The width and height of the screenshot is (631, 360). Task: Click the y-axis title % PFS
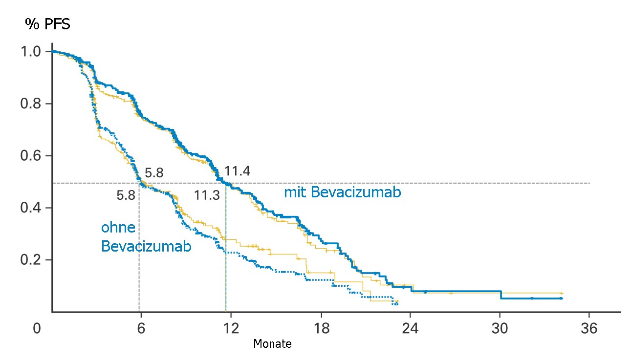click(48, 24)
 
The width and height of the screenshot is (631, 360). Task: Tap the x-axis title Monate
click(272, 344)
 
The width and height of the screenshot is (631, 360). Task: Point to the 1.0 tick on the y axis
click(31, 52)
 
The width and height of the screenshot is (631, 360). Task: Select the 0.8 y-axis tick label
click(31, 104)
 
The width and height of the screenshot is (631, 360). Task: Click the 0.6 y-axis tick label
click(31, 156)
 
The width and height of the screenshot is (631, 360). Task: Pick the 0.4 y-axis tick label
click(31, 208)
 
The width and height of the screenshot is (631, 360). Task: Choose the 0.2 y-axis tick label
click(31, 259)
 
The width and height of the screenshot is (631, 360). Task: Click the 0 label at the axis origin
click(37, 329)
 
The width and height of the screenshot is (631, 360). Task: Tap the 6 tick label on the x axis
click(141, 329)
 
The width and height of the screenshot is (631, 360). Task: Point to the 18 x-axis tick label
click(321, 329)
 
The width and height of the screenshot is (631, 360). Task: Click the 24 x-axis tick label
click(410, 329)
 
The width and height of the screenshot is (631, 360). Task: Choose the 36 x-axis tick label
click(589, 329)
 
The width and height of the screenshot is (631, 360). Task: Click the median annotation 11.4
click(237, 171)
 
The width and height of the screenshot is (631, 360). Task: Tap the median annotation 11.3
click(207, 196)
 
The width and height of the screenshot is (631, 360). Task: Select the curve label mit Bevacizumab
click(342, 193)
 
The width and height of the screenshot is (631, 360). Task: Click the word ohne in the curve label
click(118, 228)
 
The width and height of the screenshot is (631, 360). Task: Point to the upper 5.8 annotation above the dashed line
click(154, 173)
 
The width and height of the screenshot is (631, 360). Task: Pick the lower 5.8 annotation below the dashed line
click(126, 196)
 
